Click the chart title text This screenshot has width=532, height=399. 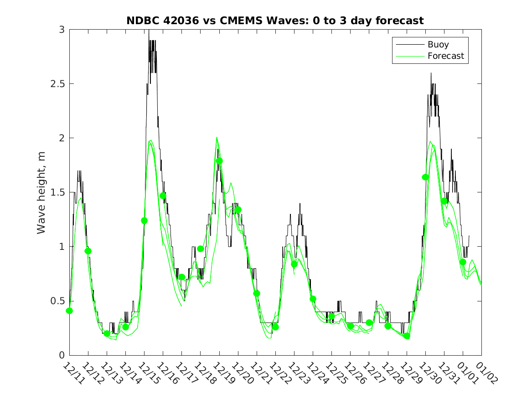(x=275, y=21)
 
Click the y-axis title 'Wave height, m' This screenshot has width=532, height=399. (x=41, y=192)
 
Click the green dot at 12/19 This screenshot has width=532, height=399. (x=219, y=161)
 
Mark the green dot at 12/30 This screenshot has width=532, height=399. (x=425, y=177)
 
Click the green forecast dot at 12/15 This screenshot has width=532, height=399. (x=144, y=221)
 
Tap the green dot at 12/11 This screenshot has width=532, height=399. (x=69, y=311)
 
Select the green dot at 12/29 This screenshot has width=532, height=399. (x=407, y=336)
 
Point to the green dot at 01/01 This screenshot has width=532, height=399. (x=463, y=262)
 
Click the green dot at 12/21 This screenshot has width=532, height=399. (x=257, y=293)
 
